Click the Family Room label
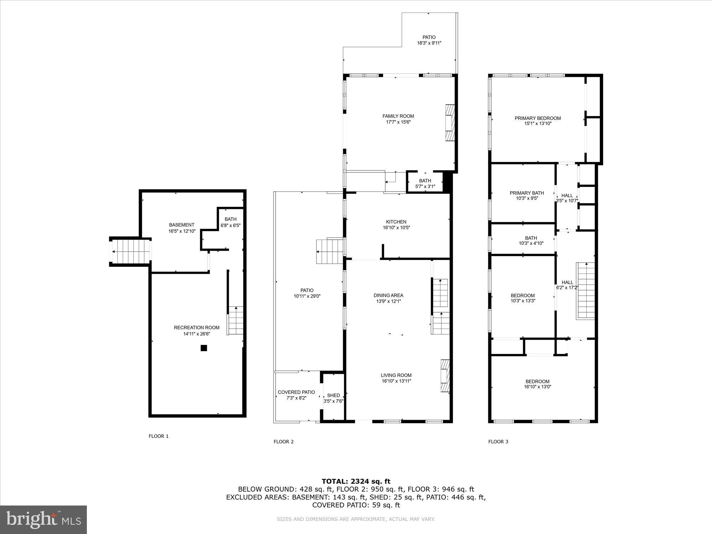pos(398,116)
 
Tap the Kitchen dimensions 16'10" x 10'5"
pos(396,228)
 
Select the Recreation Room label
pos(197,328)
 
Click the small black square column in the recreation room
pos(204,348)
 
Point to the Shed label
pos(333,395)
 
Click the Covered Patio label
pos(296,392)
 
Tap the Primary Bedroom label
pos(538,118)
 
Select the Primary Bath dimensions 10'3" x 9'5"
pos(527,199)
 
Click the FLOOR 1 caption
pos(158,436)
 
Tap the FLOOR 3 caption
pos(498,442)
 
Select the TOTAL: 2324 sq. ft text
pos(356,482)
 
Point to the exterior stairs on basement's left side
pos(130,252)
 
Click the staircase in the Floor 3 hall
pos(586,290)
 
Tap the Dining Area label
pos(388,295)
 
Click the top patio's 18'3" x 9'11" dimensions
pos(429,43)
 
